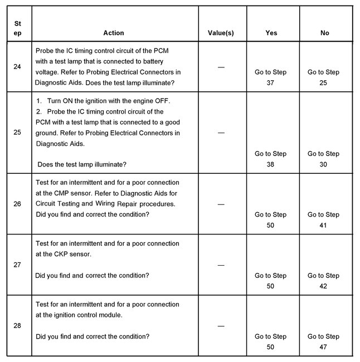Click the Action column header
click(x=114, y=33)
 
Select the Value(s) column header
click(x=221, y=33)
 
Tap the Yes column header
click(x=271, y=33)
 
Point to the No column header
click(x=324, y=33)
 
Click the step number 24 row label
click(x=17, y=67)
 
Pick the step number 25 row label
click(x=17, y=133)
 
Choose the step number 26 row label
click(x=17, y=204)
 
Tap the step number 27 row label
click(x=17, y=265)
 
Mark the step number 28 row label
click(x=17, y=326)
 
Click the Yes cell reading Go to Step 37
click(x=271, y=77)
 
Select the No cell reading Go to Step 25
click(x=324, y=77)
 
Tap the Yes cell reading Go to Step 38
click(x=271, y=159)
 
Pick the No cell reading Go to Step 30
click(x=324, y=159)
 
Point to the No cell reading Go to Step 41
click(x=324, y=220)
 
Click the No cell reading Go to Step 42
click(x=324, y=281)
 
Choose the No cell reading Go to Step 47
click(x=324, y=341)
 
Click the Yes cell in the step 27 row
click(x=271, y=281)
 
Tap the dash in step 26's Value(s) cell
click(x=221, y=204)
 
